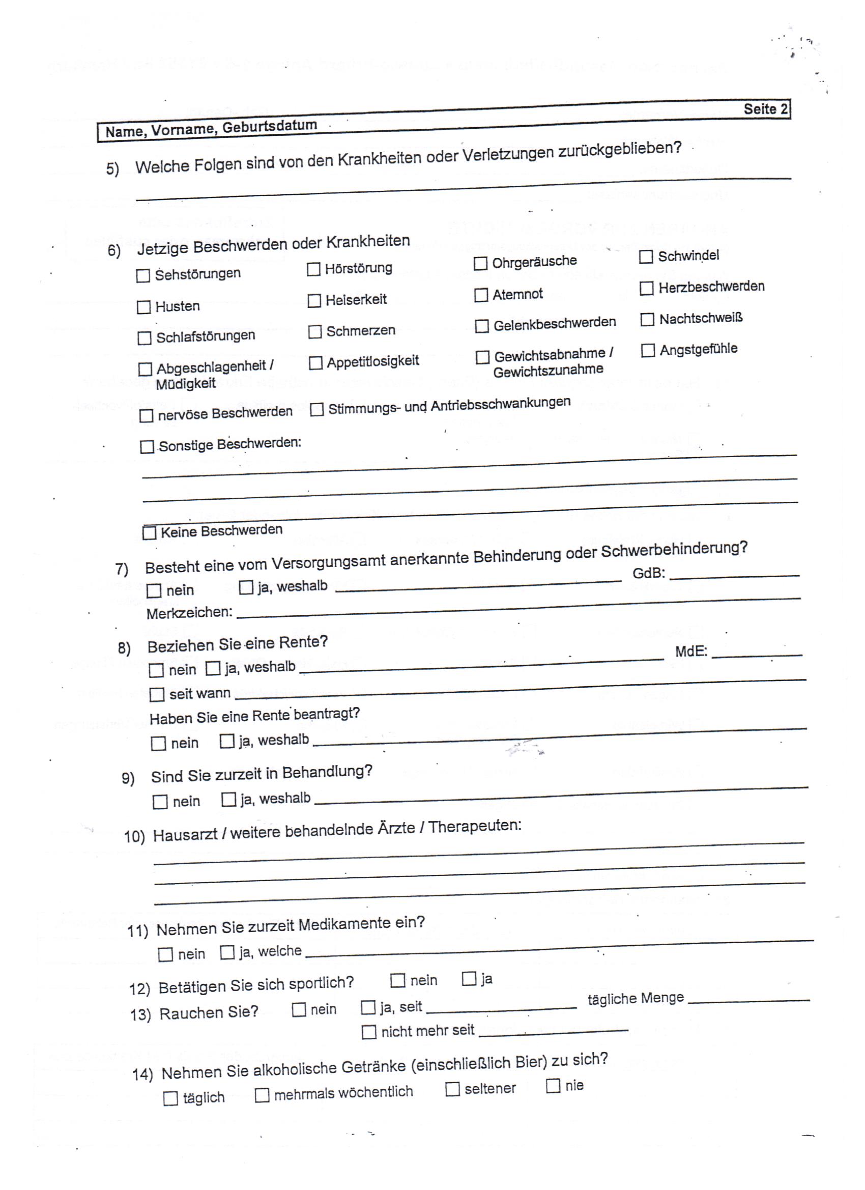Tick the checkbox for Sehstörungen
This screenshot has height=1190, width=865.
[142, 276]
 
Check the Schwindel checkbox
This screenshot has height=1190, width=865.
[646, 257]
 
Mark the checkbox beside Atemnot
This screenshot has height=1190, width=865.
[480, 295]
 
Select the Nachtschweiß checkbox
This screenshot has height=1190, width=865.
[647, 320]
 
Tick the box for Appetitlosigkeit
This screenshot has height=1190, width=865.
[315, 363]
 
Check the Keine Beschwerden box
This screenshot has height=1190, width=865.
[150, 533]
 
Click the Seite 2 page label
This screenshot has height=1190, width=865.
[765, 109]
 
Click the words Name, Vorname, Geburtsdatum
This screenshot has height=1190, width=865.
[211, 129]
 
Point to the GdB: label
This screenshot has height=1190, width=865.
[648, 573]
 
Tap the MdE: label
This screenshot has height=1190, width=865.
[691, 651]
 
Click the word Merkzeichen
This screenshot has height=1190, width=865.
[189, 613]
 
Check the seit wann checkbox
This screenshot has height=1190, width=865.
[156, 695]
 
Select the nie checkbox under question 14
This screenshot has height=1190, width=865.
[553, 1086]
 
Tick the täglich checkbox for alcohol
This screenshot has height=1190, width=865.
[170, 1099]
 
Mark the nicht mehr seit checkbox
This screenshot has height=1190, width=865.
[369, 1032]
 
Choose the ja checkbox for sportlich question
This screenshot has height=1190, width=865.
[469, 979]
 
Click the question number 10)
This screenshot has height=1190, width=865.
[134, 836]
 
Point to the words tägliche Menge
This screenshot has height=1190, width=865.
[635, 999]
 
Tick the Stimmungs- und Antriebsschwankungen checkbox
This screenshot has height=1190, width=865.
[316, 410]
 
